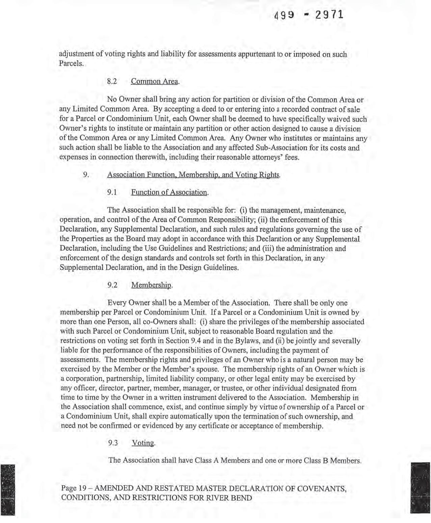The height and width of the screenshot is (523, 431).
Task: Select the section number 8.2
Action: coord(112,81)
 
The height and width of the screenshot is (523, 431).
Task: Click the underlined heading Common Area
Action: coord(155,81)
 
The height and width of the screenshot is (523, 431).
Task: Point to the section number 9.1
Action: coord(112,192)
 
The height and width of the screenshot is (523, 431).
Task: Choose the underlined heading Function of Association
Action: coord(169,192)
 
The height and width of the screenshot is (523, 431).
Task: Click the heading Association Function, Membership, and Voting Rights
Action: coord(194,175)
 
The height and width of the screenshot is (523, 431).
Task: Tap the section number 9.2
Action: coord(112,285)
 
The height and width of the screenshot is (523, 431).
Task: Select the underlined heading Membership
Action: coord(152,285)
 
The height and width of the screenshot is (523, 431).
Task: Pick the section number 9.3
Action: coord(113,443)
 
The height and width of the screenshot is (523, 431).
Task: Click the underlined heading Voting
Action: coord(143,443)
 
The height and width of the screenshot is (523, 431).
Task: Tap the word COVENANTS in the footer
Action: coord(320,488)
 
